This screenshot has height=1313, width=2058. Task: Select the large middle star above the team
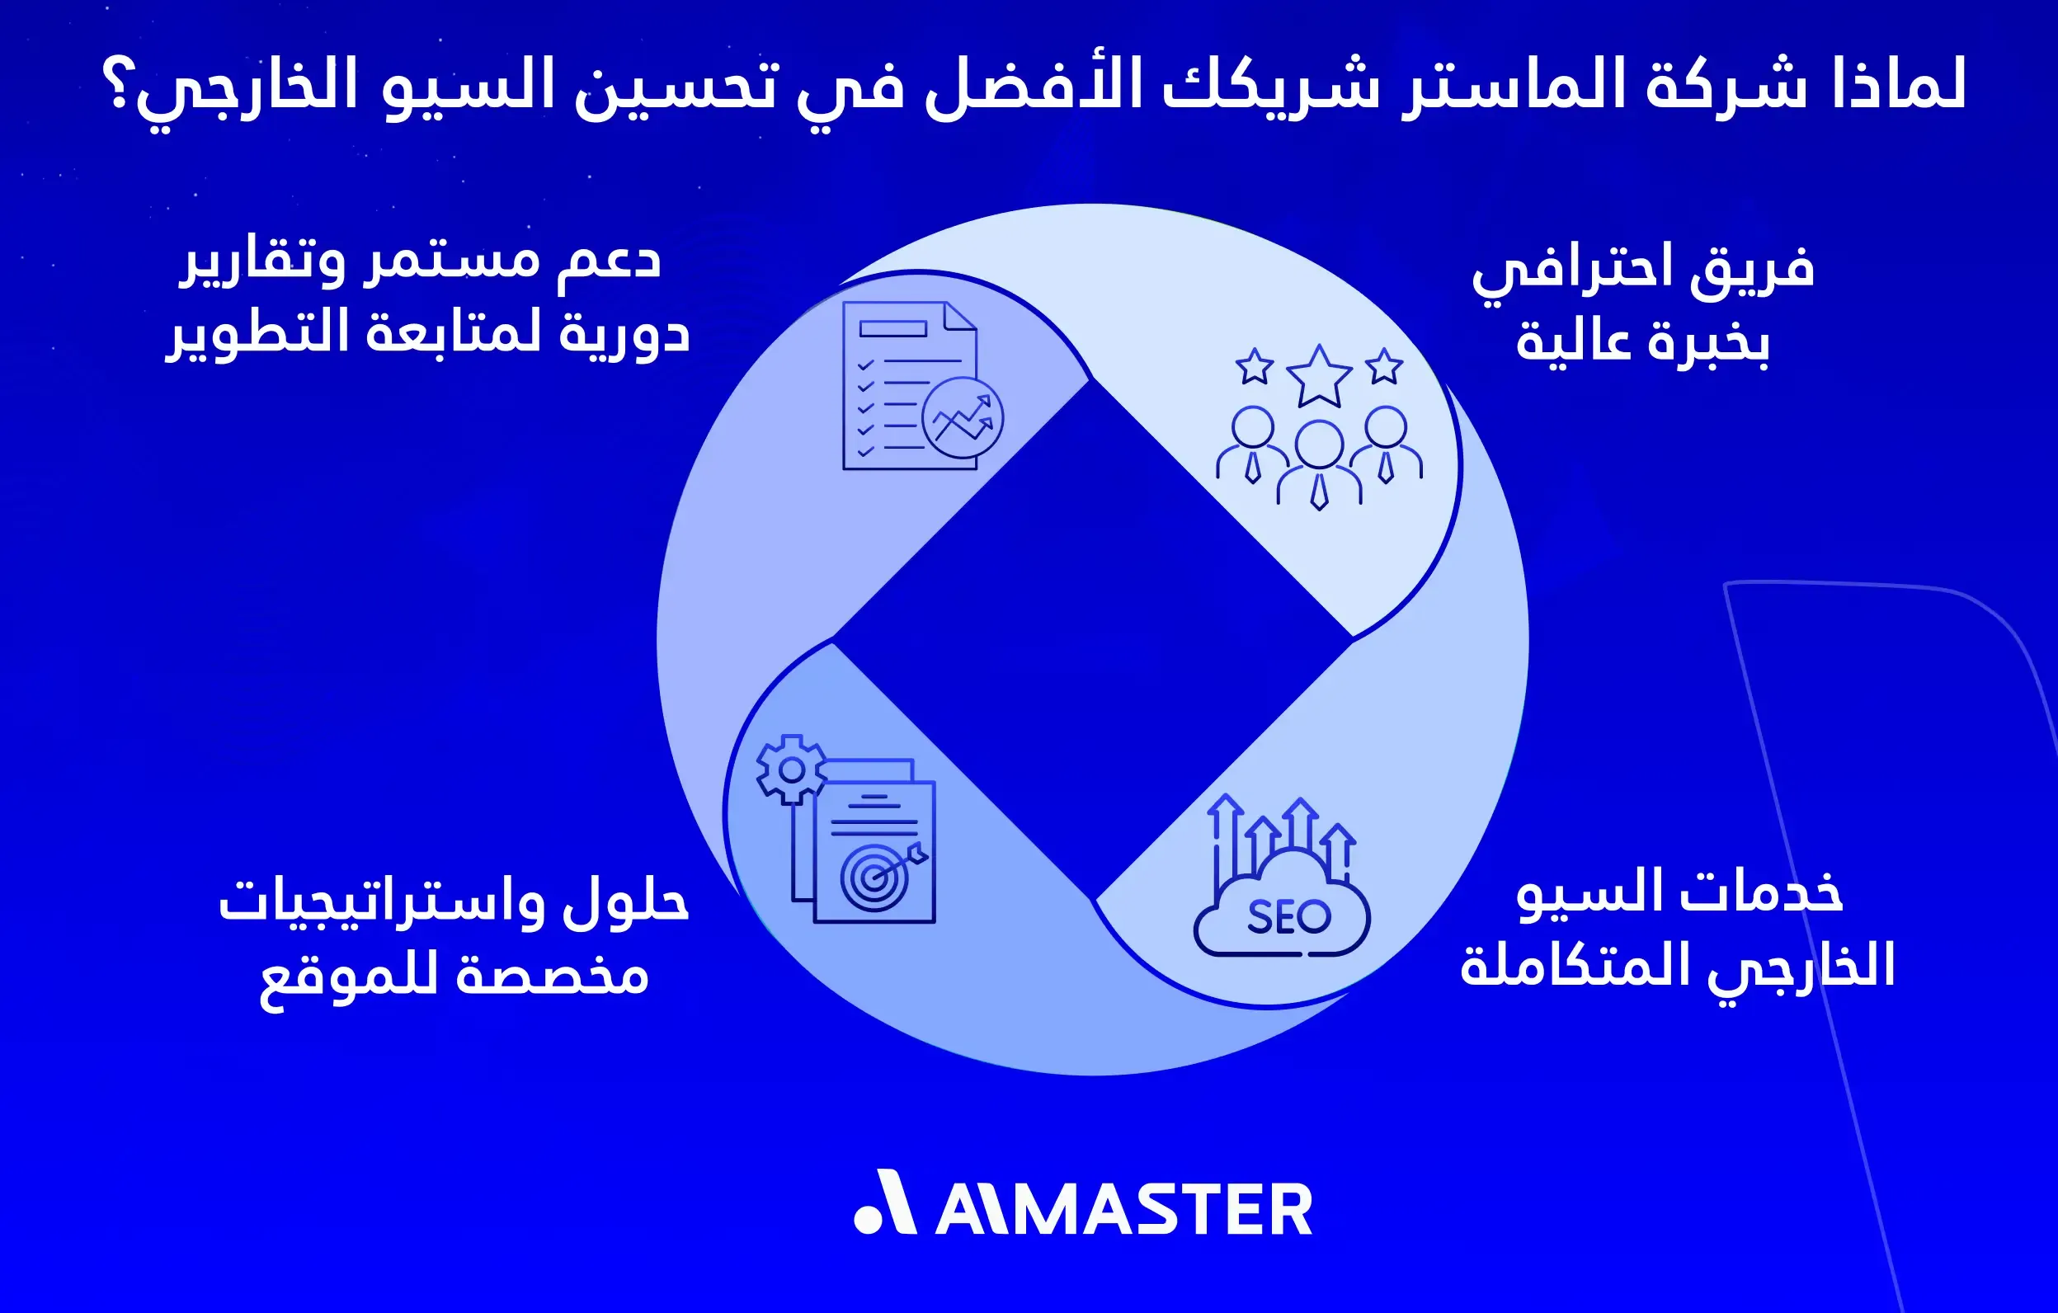(x=1319, y=375)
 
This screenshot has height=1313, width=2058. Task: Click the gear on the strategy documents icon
(x=791, y=769)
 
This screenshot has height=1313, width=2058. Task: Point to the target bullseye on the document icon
(x=873, y=877)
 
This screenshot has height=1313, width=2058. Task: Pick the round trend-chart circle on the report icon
(x=963, y=418)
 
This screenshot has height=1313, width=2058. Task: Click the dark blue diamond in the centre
(x=1092, y=639)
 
